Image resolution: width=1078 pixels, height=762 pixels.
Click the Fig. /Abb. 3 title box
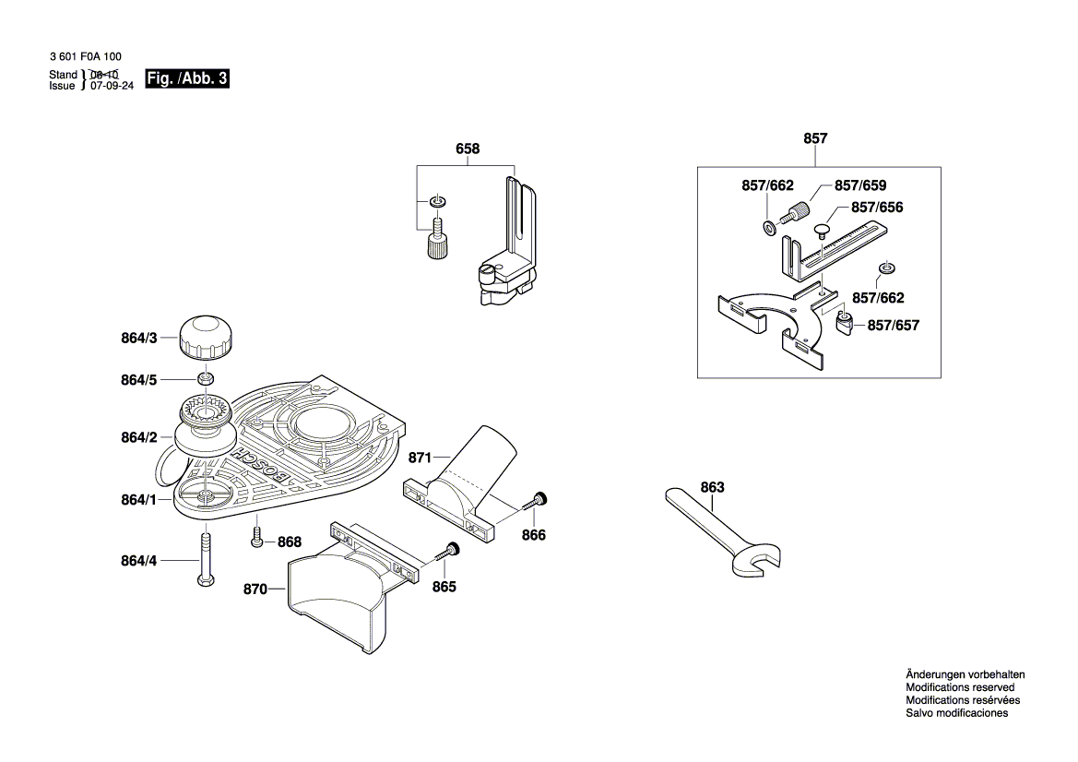pos(187,79)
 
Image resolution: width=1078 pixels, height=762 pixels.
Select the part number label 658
pos(468,149)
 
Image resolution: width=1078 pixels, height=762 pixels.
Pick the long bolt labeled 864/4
pos(204,559)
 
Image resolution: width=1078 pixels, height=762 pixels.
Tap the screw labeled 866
pos(537,502)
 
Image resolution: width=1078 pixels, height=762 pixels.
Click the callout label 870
pos(255,589)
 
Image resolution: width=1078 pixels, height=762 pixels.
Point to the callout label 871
pos(420,458)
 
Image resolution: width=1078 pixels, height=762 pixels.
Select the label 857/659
pos(860,185)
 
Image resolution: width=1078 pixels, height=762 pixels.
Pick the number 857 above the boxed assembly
pos(815,138)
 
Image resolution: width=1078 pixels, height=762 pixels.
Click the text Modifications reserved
pos(960,687)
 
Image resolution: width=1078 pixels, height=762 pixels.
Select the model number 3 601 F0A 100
pos(85,57)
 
